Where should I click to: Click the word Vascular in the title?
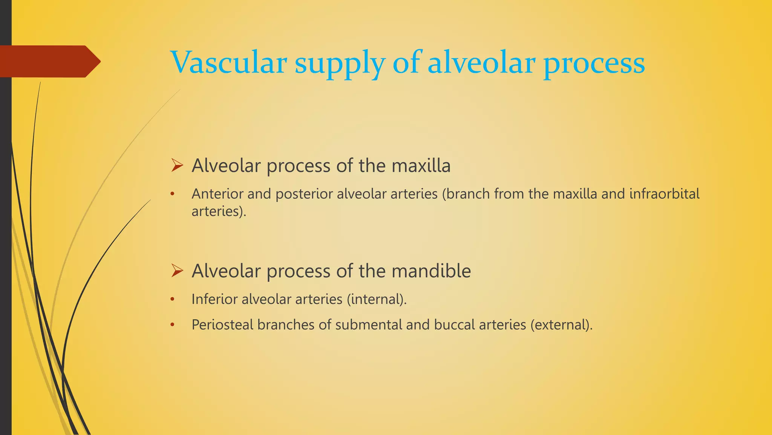click(228, 62)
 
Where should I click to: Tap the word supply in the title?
click(340, 64)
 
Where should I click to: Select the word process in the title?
click(594, 64)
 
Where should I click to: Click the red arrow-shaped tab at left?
click(49, 61)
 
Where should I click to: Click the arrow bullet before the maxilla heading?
click(177, 165)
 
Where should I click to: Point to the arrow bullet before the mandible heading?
click(177, 271)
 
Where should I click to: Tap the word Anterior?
click(218, 194)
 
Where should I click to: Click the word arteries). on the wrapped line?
click(219, 211)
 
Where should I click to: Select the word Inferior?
click(214, 299)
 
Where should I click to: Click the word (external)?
click(561, 325)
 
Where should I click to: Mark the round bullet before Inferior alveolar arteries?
click(172, 299)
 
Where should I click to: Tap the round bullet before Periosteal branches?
click(172, 325)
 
